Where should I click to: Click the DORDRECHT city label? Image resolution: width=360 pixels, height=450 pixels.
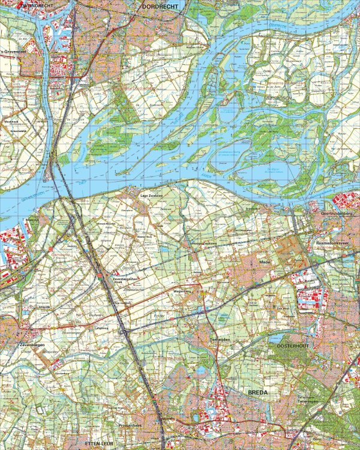click(163, 6)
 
